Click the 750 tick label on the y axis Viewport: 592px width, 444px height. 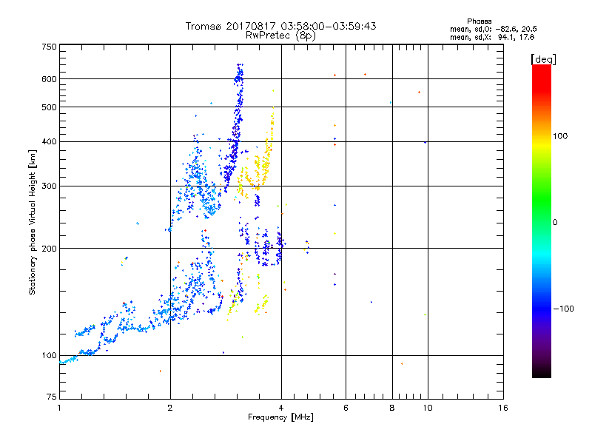coord(49,46)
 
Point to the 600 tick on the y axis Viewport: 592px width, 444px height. coord(49,78)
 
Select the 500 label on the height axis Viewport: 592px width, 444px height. coord(49,107)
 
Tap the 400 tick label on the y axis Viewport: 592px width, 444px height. coord(49,141)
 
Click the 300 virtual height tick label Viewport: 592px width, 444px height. coord(49,186)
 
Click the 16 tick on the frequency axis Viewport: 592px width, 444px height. coord(502,408)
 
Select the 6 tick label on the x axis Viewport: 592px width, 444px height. coord(346,408)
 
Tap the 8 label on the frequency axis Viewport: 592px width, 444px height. coord(391,408)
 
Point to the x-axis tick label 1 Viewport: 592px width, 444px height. coord(59,408)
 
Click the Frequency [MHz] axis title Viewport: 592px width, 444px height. coord(280,417)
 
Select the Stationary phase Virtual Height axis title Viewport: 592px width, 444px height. coord(33,222)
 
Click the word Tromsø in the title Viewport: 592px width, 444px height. coord(206,26)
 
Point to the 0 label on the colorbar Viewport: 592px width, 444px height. coord(556,222)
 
